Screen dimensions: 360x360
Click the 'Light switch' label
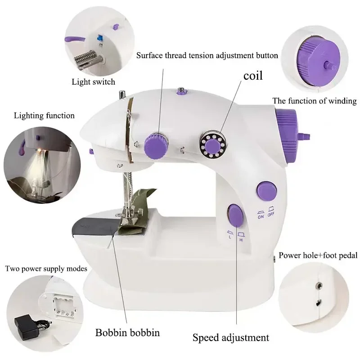[x=93, y=82]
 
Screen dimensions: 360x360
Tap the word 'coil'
[x=253, y=75]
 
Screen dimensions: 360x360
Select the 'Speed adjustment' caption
[x=231, y=337]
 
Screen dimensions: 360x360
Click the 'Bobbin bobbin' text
[x=127, y=333]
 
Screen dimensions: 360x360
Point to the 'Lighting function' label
[x=44, y=116]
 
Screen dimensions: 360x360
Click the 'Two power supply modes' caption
[x=46, y=269]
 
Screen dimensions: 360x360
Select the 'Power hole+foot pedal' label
[x=318, y=256]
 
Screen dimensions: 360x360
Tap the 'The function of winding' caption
[x=315, y=101]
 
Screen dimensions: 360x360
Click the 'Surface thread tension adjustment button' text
[x=207, y=56]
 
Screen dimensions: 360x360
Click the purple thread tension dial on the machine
[x=155, y=144]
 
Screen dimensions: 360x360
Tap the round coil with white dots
[x=211, y=144]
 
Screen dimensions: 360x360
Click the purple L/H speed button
[x=234, y=215]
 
